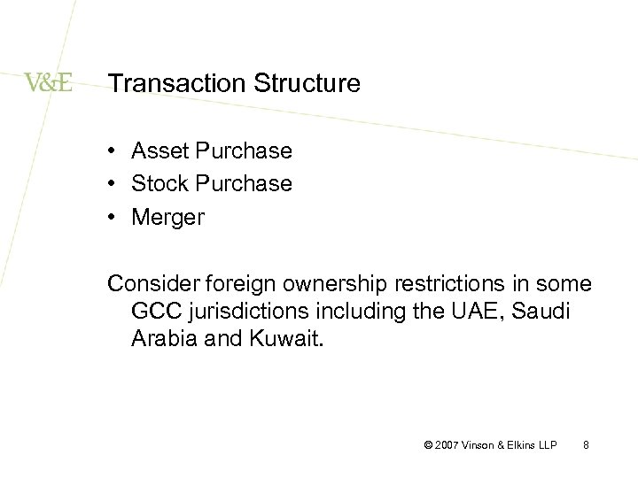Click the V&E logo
(48, 84)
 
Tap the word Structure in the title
(307, 84)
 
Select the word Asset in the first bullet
(156, 151)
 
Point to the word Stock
(157, 184)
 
